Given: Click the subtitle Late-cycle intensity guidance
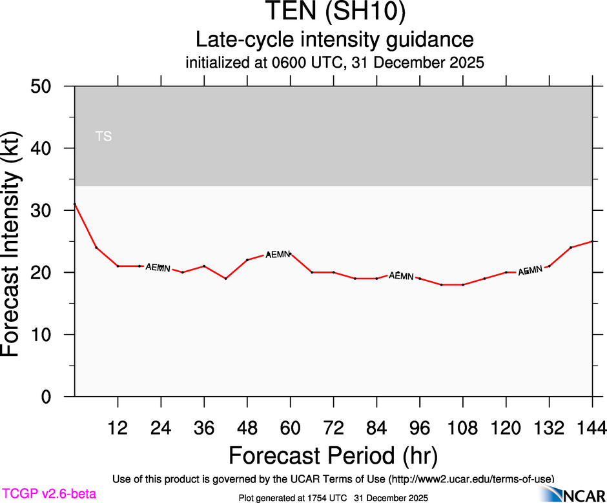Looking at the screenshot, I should coord(334,39).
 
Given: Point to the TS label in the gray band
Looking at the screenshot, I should coord(103,136).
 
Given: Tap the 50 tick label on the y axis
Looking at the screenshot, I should coord(45,86).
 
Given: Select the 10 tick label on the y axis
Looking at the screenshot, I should coord(45,335).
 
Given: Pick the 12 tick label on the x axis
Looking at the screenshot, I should coord(118,428).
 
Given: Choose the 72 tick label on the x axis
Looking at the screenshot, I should coord(333,428).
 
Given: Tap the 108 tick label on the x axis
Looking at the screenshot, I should coord(462,428).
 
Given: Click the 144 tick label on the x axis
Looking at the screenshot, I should coord(592,428).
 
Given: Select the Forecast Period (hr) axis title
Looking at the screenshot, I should coord(333,455).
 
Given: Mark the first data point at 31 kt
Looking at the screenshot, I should coord(75,204).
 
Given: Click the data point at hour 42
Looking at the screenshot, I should coord(225,279).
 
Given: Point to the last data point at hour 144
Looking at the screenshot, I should coord(592,241).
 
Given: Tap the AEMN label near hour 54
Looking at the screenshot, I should coord(278,255).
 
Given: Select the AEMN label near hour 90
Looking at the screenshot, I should coord(401,276).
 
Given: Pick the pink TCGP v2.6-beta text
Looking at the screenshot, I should coord(48,494).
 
